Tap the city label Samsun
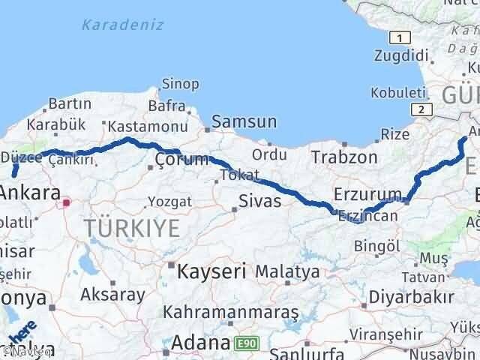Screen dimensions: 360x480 tap(244, 122)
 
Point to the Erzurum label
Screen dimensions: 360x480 tap(369, 194)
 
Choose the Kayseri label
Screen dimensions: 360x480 tap(210, 269)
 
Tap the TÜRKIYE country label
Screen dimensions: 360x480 tap(132, 228)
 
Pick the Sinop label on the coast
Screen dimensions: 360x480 tap(181, 83)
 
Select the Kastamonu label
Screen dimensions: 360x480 tap(147, 127)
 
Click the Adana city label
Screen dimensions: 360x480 tap(199, 343)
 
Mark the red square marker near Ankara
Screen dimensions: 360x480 tap(67, 202)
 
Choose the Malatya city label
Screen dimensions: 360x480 tap(287, 271)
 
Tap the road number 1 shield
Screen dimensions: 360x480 tap(403, 37)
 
